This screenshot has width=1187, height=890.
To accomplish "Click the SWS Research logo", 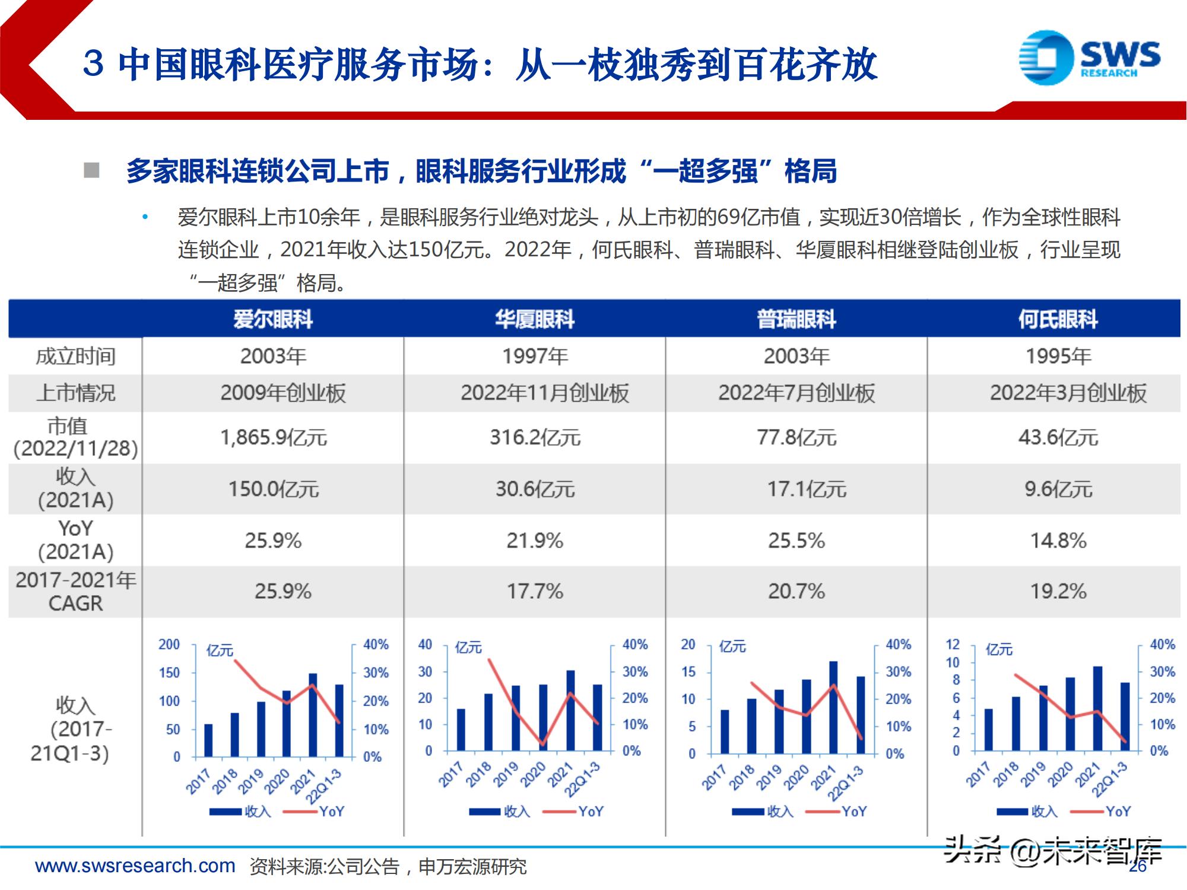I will click(1088, 58).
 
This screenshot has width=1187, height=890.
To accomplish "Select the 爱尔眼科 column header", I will click(272, 319).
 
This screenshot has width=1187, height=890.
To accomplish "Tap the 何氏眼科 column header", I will click(1058, 319).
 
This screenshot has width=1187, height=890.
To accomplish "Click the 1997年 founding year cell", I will click(535, 356).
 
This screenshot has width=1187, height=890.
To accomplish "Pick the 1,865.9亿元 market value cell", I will click(274, 437).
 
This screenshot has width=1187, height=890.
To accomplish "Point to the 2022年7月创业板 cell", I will click(796, 393).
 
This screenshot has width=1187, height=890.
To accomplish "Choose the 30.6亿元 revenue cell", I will click(535, 489).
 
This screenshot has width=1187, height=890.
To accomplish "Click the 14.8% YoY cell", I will click(1058, 541).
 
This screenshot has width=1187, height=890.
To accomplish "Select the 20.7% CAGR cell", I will click(796, 591).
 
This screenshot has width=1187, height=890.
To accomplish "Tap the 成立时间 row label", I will click(75, 356).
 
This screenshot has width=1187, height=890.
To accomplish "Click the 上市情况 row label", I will click(75, 393).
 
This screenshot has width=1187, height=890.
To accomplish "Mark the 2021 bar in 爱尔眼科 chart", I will click(313, 715).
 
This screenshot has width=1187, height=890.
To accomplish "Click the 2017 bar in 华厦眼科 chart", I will click(461, 730).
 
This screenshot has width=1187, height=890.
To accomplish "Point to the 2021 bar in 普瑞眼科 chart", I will click(833, 707).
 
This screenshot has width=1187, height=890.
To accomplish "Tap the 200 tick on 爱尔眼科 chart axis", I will click(169, 644).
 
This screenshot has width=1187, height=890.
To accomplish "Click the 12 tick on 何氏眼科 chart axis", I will click(952, 644).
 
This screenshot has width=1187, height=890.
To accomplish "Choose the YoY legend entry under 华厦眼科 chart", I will click(590, 811).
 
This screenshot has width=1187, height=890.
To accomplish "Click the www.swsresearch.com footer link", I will click(135, 866).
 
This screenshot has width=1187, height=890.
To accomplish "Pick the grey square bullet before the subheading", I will click(91, 171).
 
